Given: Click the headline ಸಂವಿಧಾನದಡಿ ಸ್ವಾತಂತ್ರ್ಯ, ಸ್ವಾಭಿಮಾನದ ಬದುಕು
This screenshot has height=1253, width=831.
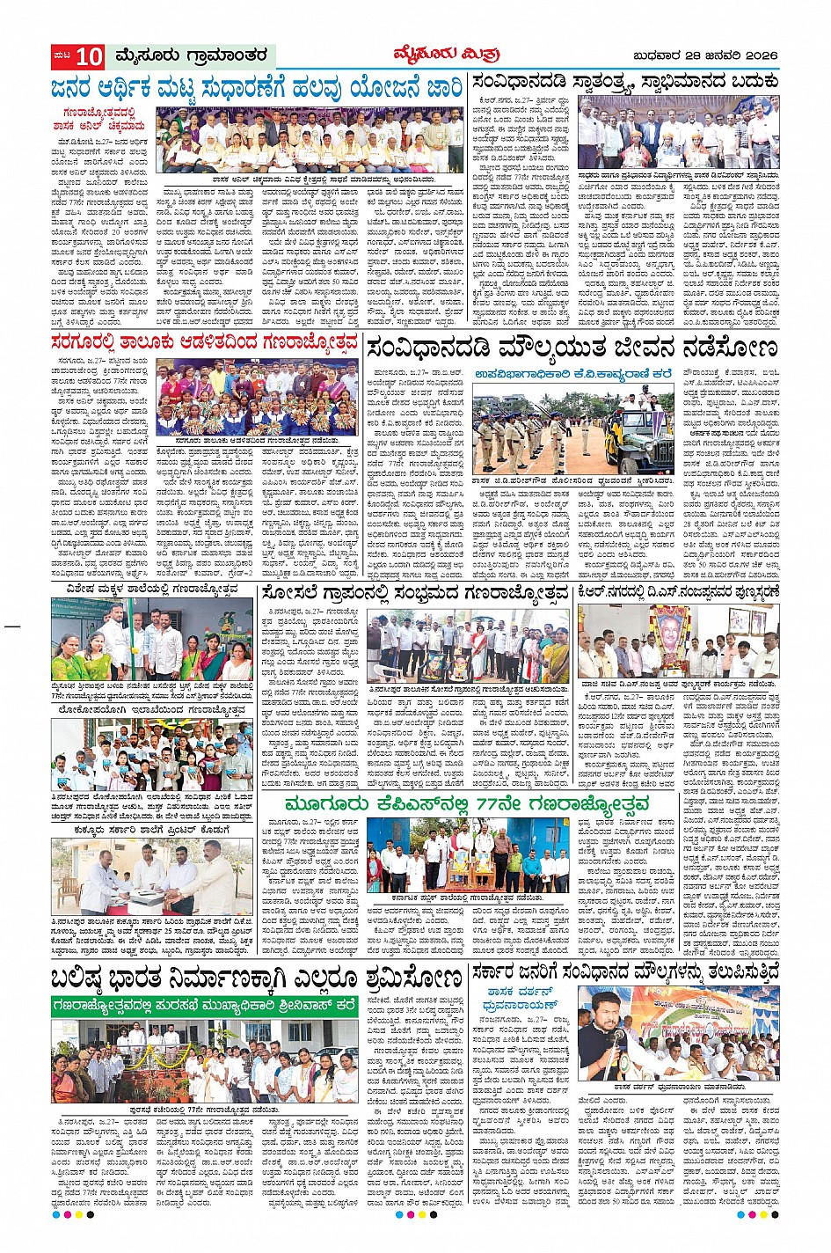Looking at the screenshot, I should click(625, 83).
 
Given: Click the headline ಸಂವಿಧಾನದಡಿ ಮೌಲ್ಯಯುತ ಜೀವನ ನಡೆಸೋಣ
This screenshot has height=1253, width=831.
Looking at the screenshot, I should click(572, 348).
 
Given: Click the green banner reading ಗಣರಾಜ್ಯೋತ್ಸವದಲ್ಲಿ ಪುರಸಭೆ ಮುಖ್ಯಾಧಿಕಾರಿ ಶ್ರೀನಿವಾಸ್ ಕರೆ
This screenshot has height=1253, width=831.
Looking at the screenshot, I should click(204, 1004).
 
